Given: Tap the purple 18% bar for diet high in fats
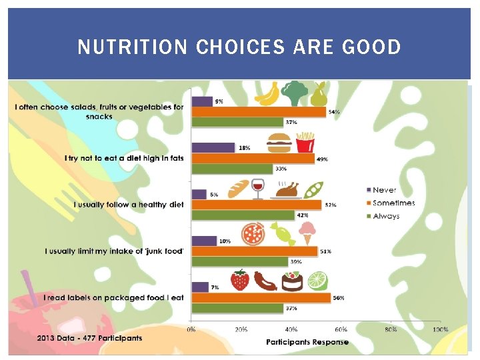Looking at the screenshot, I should coord(213,147).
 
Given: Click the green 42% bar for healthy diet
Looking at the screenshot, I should coord(243,215).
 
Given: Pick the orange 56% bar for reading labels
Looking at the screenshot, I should coord(261,297).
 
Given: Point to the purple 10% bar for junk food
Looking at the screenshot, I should coord(204,241).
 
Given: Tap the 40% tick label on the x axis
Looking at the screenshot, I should coord(291,329).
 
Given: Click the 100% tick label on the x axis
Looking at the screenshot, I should coord(440,329).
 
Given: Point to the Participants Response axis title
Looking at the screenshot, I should coord(307,342).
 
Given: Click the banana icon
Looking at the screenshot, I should coord(268,94).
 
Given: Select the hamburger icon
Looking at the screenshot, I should coord(279,143).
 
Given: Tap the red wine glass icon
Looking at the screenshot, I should coord(258,189).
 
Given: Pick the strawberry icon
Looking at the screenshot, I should coord(240,280).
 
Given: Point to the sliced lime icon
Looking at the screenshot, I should coord(317,280).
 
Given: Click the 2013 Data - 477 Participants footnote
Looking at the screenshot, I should coord(89,338).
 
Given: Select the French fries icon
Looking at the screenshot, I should coord(305,142).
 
